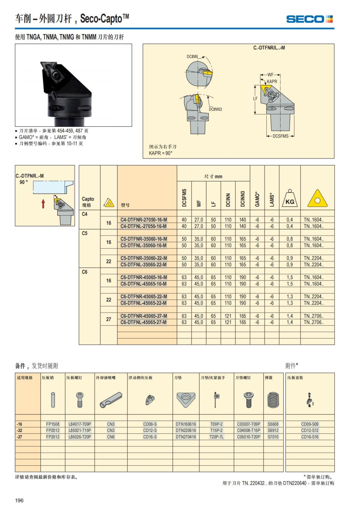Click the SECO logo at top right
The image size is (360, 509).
[309, 19]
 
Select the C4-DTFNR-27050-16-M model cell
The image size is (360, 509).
[144, 220]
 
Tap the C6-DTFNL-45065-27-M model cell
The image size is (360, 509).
[144, 322]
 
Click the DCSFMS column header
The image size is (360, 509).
[184, 198]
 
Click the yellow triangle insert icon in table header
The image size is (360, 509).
[317, 199]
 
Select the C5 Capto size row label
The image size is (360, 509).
[85, 233]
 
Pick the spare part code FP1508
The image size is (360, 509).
[53, 424]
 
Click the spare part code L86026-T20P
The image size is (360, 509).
[80, 437]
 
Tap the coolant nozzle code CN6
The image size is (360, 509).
[111, 437]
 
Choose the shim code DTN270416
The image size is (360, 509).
[186, 437]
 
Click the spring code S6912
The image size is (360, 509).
[273, 430]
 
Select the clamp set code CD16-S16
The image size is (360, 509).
[310, 437]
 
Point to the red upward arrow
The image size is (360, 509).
[43, 204]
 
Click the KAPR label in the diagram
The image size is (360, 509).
[272, 82]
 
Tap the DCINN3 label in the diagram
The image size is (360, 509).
[215, 109]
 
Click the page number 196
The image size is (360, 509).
[19, 500]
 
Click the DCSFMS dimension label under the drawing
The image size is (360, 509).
[280, 136]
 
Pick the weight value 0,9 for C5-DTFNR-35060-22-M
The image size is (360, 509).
[289, 258]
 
